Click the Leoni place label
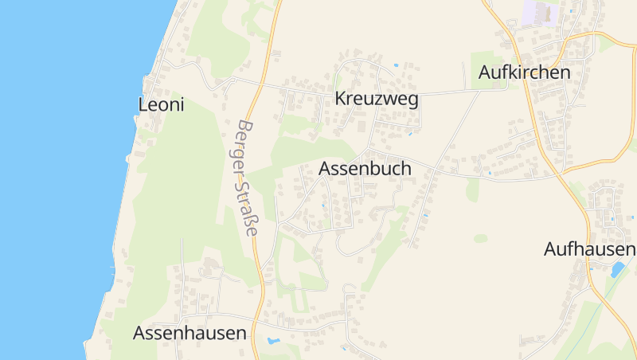(161, 104)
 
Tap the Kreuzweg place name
(377, 100)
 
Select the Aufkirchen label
(525, 72)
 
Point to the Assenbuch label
(365, 169)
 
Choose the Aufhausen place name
(589, 249)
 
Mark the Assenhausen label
(190, 333)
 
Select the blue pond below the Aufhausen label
(617, 269)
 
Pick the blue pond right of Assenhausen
(273, 341)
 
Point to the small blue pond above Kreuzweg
(396, 65)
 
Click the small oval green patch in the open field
(480, 238)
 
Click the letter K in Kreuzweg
(341, 100)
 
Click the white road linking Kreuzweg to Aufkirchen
(446, 92)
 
